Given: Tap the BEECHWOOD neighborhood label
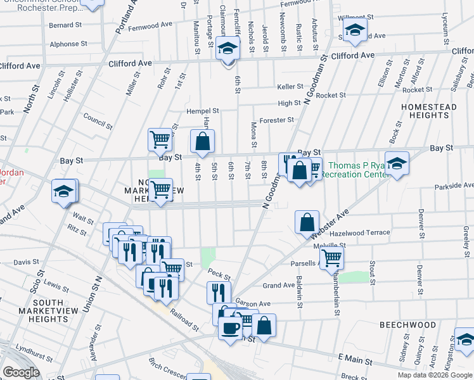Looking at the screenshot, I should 408,325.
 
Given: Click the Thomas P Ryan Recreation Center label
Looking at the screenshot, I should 356,170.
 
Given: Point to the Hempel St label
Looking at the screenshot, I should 202,111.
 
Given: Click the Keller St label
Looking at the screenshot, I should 290,87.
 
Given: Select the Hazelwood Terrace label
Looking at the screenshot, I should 361,232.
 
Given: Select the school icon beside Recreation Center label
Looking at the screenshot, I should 397,165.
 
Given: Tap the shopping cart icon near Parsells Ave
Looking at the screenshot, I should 331,258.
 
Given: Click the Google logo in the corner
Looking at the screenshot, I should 22,372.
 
